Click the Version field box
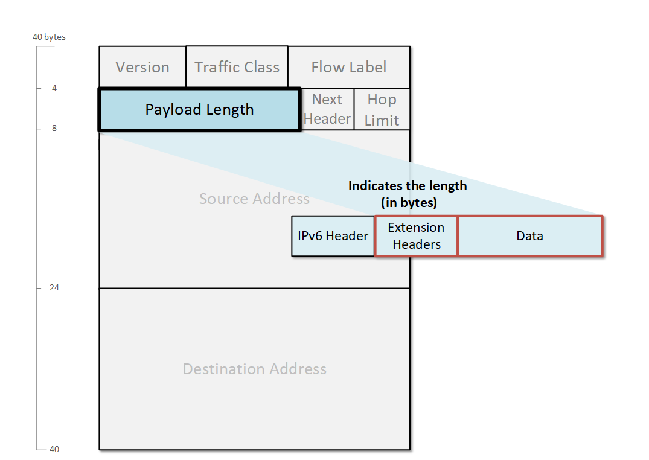click(142, 67)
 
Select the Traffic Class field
click(237, 67)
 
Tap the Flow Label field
click(349, 67)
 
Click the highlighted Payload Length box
click(199, 109)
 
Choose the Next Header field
click(327, 109)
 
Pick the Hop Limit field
click(382, 109)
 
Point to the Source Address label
click(254, 199)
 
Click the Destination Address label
click(254, 369)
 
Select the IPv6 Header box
click(333, 236)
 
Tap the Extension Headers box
click(416, 236)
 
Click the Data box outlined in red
click(529, 236)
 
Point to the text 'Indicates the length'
click(408, 186)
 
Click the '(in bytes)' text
click(408, 203)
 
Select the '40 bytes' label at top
click(49, 37)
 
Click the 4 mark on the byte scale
click(54, 88)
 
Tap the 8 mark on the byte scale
click(54, 129)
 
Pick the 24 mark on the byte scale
click(54, 287)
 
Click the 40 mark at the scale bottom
click(54, 449)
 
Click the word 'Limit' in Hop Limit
click(382, 120)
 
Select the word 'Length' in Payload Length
click(228, 109)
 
